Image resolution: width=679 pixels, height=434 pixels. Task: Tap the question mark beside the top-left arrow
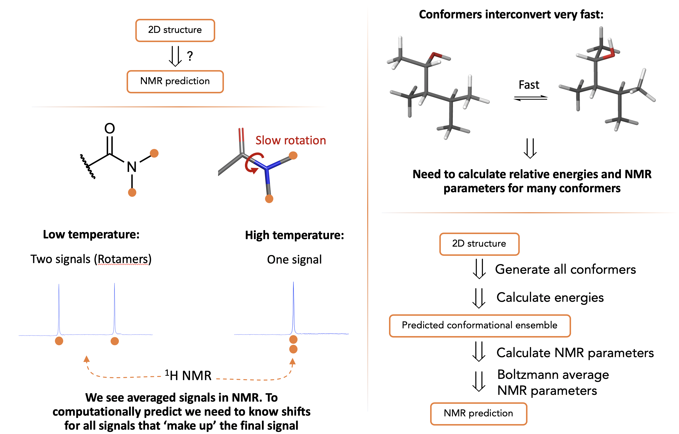coord(190,56)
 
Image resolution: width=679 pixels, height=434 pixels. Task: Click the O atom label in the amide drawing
coord(109,129)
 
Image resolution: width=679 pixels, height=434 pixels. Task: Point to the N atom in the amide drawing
coord(131,167)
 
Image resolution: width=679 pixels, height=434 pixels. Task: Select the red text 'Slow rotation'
coord(290,140)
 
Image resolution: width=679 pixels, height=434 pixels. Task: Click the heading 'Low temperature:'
coord(91,235)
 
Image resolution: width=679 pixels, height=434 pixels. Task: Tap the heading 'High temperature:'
coord(295,235)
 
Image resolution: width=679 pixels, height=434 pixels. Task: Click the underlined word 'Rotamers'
coord(123,259)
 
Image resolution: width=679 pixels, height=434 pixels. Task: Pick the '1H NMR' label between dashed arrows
coord(188,375)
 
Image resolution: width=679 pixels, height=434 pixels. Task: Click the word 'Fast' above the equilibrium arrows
coord(529,85)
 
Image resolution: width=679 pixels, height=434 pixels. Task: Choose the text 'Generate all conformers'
coord(565,269)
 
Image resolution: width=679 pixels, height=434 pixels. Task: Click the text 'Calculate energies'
coord(550,298)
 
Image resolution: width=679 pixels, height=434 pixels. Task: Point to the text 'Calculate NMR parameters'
coord(575,353)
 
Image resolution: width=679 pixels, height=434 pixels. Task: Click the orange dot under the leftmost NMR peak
coord(59,341)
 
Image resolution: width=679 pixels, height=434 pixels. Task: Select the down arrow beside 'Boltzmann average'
coord(479,381)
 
